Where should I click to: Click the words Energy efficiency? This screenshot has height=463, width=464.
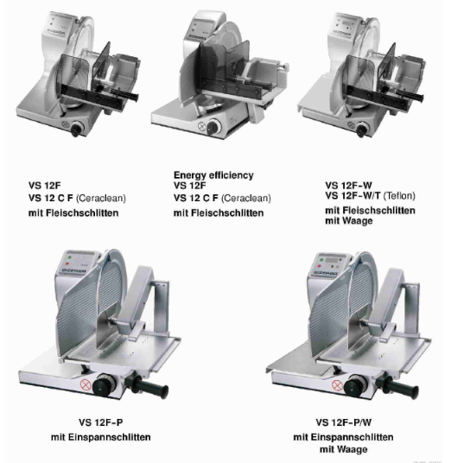(x=213, y=175)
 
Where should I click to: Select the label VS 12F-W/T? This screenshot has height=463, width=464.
(x=353, y=196)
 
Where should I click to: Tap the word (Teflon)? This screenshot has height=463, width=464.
(x=399, y=196)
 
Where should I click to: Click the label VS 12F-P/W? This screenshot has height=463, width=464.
(x=344, y=422)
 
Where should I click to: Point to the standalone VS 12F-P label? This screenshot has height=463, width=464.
(x=100, y=422)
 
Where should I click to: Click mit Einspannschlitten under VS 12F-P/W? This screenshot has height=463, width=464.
(x=343, y=437)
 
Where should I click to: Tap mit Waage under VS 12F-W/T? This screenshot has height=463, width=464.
(x=349, y=220)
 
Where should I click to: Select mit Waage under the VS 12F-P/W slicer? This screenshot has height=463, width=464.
(x=344, y=449)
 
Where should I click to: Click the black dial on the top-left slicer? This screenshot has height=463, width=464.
(x=77, y=129)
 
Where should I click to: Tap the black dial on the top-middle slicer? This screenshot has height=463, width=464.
(x=213, y=127)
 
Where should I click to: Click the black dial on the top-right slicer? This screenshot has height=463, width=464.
(x=362, y=130)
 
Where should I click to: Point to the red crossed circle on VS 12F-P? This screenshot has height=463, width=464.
(x=86, y=384)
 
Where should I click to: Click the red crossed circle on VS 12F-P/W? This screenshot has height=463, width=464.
(x=337, y=385)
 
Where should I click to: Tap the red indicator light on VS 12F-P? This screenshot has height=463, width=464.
(x=67, y=263)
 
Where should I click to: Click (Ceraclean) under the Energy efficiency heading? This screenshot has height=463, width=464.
(x=246, y=198)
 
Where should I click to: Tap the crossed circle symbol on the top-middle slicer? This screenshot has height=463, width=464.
(x=202, y=126)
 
